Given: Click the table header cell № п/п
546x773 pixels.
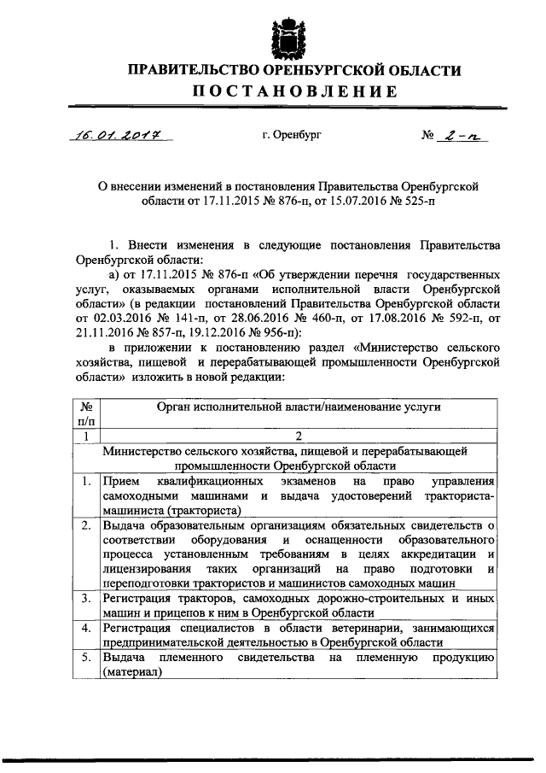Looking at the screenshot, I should click(85, 414).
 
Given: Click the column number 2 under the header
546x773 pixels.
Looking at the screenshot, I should click(298, 436).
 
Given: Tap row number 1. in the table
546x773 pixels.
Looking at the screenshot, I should click(85, 482).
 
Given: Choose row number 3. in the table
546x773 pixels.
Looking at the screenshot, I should click(85, 598).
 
